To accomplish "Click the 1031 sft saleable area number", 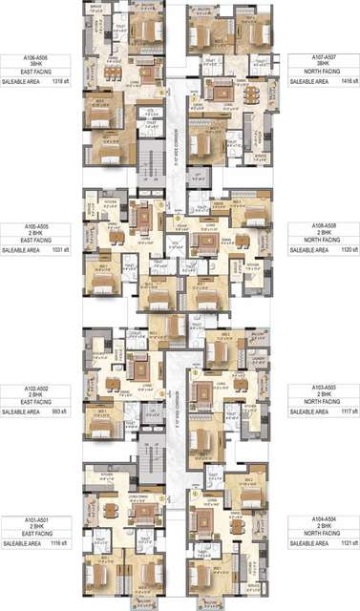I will (x=59, y=249).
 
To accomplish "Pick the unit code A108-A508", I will (x=325, y=226).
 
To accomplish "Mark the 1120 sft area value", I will (x=349, y=249).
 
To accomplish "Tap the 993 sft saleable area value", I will (x=60, y=412).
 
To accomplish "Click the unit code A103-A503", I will (x=325, y=389).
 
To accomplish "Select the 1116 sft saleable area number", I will (x=59, y=542).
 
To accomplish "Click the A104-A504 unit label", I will (x=325, y=519).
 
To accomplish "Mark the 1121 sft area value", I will (x=349, y=542).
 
